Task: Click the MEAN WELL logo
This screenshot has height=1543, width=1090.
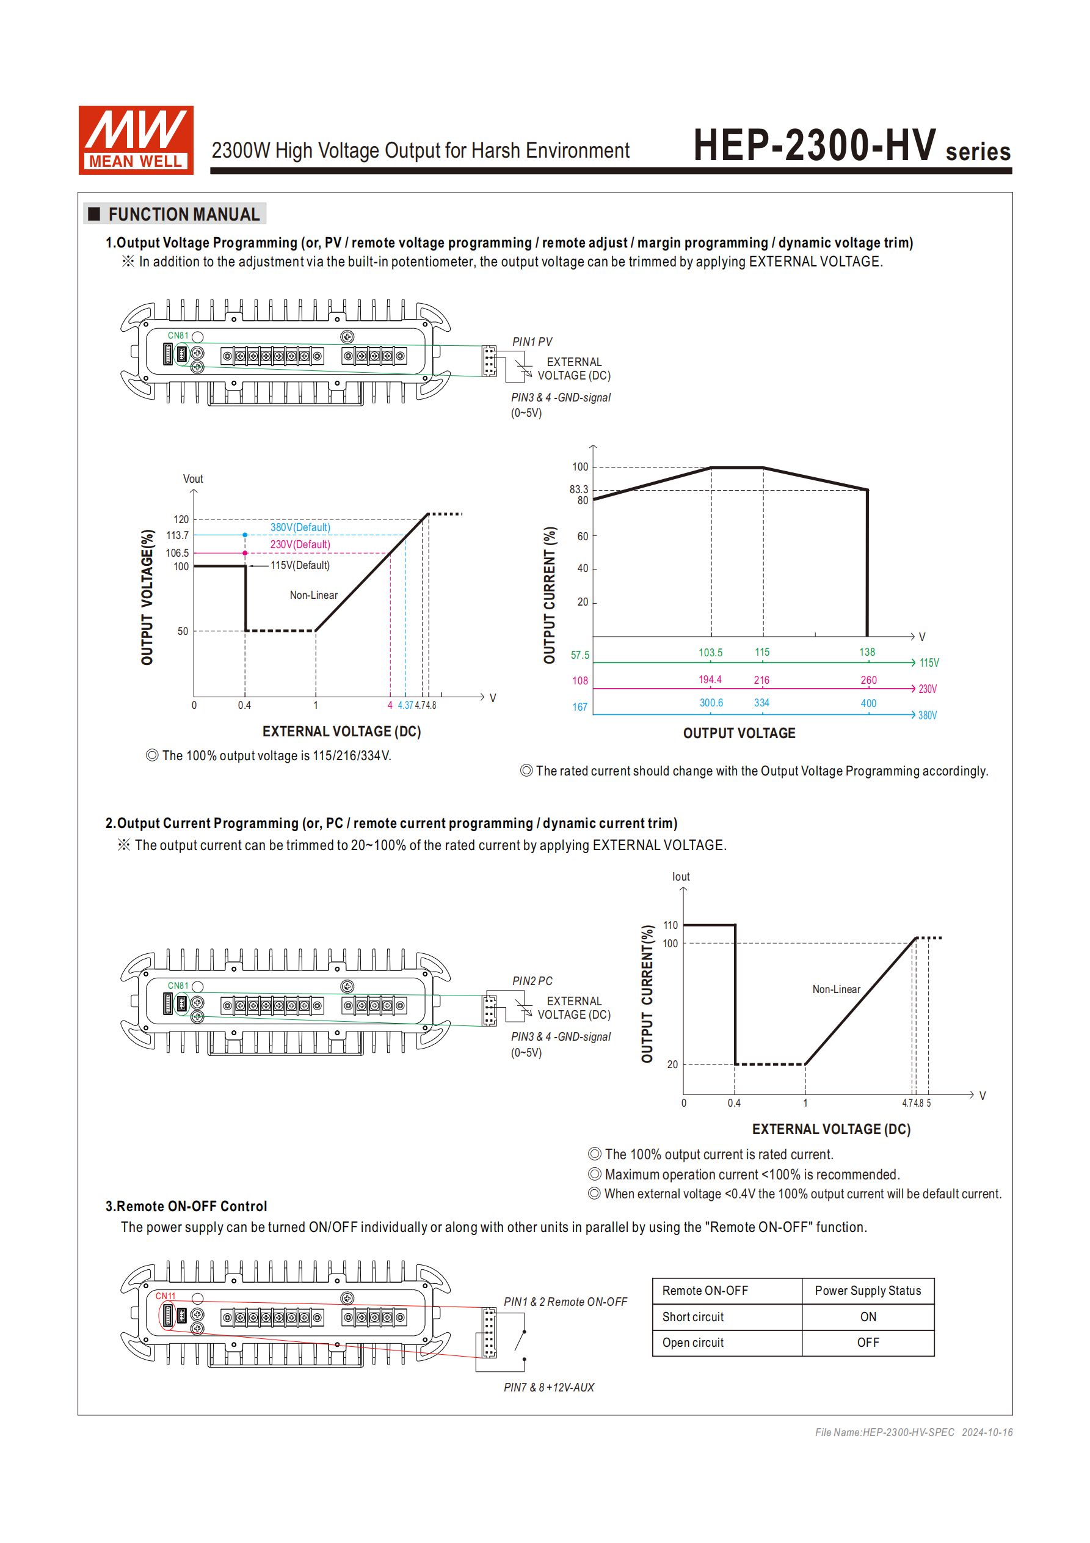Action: coord(136,140)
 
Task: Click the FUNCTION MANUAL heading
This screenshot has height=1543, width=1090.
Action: coord(183,214)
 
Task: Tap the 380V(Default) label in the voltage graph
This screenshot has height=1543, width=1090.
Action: coord(300,527)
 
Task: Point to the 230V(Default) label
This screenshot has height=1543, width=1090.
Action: coord(300,544)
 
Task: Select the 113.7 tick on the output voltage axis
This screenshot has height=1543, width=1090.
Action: coord(177,535)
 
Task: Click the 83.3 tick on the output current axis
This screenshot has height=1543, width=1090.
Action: coord(578,489)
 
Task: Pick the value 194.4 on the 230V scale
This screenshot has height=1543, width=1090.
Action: coord(710,680)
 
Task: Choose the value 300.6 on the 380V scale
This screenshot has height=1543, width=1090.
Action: coord(711,703)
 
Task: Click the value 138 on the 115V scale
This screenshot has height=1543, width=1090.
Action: coord(867,652)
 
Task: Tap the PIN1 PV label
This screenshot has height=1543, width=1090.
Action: coord(532,342)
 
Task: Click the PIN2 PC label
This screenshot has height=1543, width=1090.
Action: coord(532,981)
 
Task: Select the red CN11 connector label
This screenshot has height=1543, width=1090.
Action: coord(165,1296)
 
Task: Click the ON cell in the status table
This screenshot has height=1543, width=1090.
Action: coord(868,1317)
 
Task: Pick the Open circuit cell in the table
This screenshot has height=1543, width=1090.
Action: coord(693,1343)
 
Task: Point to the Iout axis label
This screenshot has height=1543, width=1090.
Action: coord(680,877)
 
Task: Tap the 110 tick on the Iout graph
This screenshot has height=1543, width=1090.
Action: coord(670,925)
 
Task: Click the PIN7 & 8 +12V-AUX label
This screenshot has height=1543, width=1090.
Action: coord(549,1388)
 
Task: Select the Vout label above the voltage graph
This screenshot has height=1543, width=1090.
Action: coord(193,479)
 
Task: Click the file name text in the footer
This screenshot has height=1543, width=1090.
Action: coord(884,1432)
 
